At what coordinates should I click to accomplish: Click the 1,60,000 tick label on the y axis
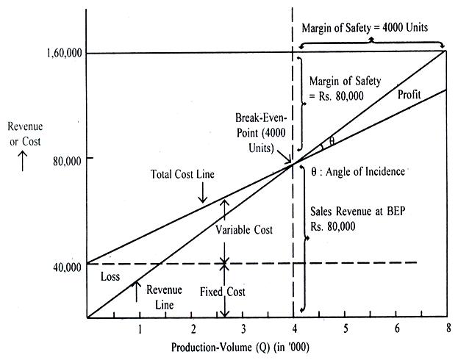pyautogui.click(x=63, y=53)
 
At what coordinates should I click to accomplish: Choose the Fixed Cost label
pyautogui.click(x=222, y=292)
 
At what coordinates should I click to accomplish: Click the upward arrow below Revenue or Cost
pyautogui.click(x=23, y=162)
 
